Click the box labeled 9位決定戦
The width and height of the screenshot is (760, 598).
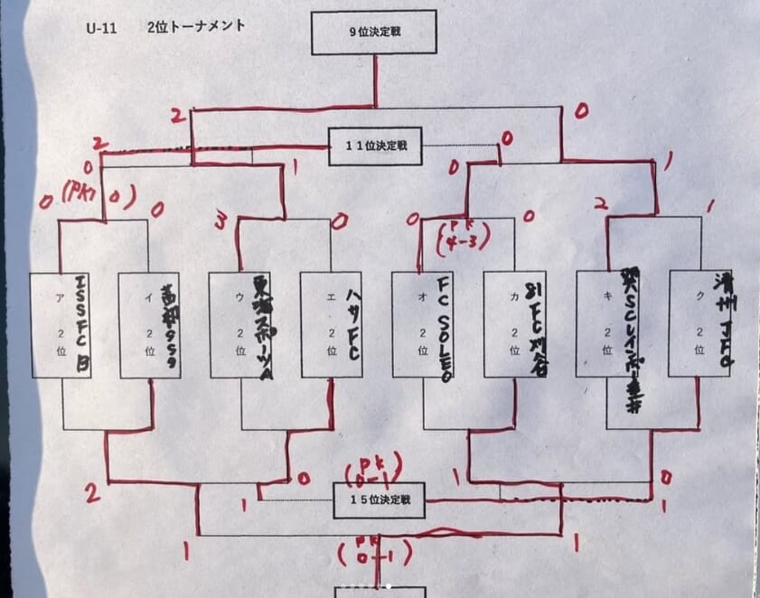click(374, 33)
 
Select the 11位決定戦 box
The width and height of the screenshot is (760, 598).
click(375, 145)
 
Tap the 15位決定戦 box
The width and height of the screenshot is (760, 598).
click(380, 500)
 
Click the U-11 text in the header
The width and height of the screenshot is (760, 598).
click(103, 26)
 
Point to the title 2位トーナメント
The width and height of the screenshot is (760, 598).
click(195, 26)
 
